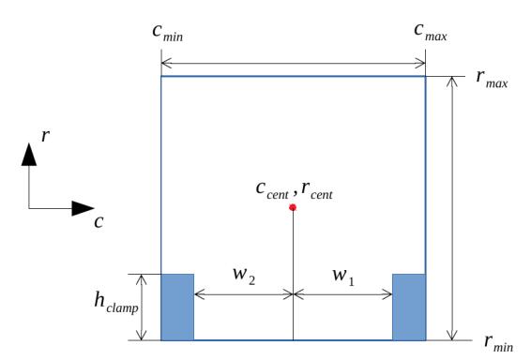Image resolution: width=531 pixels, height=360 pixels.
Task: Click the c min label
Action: pos(168,33)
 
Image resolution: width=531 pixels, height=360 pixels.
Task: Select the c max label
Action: pos(431,32)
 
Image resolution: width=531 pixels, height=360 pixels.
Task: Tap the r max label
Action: pos(492,80)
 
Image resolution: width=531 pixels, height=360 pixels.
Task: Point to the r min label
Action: pos(499,343)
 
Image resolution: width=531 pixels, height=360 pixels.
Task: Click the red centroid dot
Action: pos(293,207)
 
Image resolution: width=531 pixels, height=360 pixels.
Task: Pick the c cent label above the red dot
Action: pos(272,190)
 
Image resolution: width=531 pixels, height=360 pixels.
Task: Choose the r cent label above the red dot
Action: pos(317,190)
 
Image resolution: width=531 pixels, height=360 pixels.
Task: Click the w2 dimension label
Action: pos(244,276)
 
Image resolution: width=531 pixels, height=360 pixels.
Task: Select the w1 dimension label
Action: pos(343,276)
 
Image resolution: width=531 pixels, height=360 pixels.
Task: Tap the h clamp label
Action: pos(116,302)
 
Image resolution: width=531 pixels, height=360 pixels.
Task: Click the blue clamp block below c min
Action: pos(177,307)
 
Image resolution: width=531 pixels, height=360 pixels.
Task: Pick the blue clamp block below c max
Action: pos(409,307)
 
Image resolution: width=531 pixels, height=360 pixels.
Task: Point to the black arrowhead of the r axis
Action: pos(29,155)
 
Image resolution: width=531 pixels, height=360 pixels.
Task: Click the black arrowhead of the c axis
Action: pos(83,208)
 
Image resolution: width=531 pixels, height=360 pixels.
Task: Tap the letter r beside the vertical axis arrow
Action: pos(45,136)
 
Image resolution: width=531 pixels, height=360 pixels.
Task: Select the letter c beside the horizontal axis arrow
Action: pos(99,222)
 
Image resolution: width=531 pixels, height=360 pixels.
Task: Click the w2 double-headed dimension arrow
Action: pos(244,294)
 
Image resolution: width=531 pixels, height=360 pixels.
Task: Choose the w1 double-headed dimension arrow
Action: pos(342,294)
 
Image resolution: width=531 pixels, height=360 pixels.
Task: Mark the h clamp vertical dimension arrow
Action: pos(142,307)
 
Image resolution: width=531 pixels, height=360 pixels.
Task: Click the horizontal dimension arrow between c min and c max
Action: pos(294,63)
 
